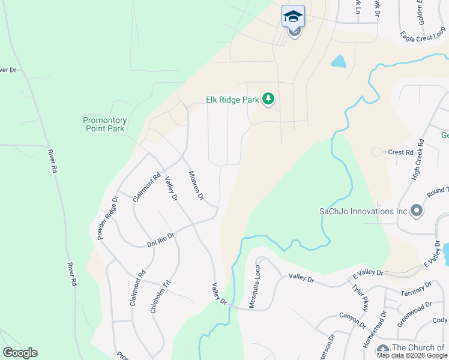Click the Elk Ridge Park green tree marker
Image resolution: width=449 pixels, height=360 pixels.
click(x=268, y=98)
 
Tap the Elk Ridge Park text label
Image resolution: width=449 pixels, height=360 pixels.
click(x=232, y=100)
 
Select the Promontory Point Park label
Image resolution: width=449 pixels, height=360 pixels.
click(x=104, y=124)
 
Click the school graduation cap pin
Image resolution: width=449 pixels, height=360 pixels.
click(x=293, y=16)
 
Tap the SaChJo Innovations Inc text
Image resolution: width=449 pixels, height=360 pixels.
click(x=363, y=211)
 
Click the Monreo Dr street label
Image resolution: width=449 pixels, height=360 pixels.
click(x=196, y=186)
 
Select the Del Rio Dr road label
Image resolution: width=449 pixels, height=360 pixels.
click(x=160, y=240)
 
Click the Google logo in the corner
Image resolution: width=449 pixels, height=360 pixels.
click(x=20, y=353)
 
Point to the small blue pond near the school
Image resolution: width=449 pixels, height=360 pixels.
click(x=339, y=61)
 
